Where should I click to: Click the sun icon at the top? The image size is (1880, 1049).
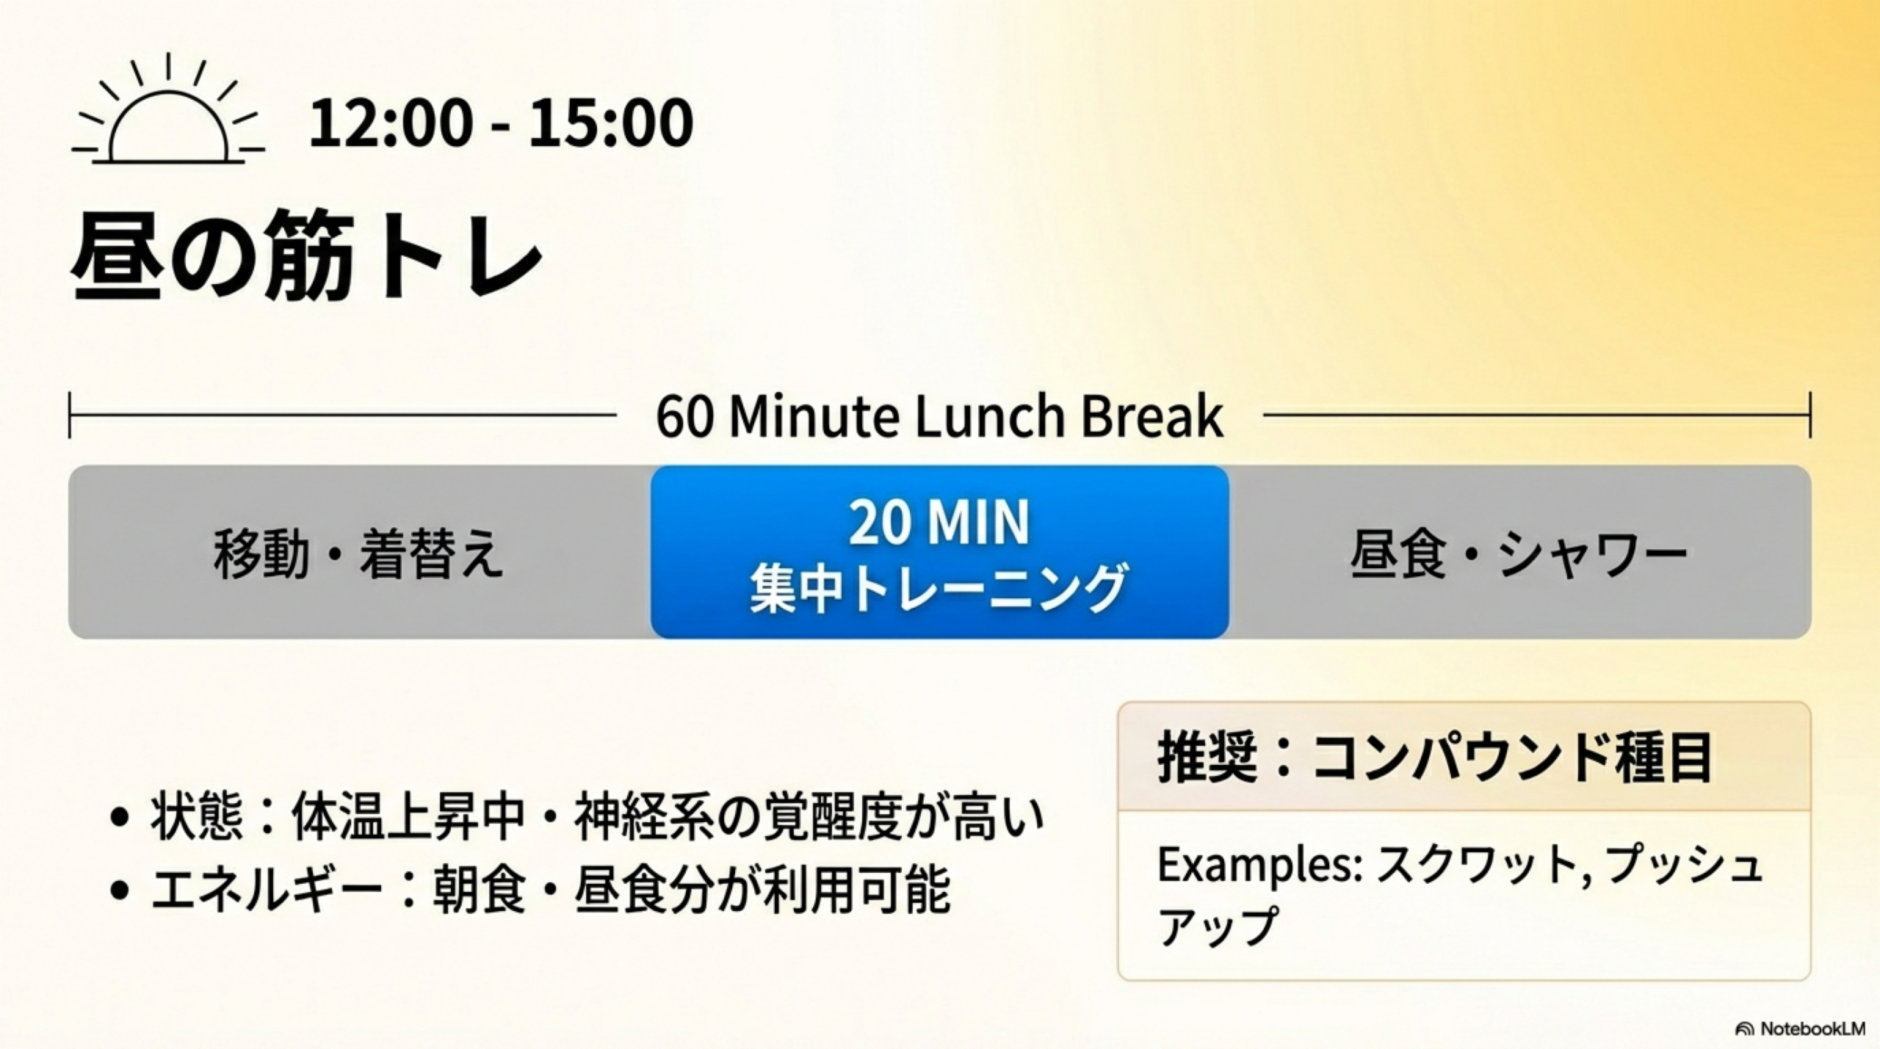[x=168, y=110]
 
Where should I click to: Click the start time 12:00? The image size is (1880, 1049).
[x=388, y=123]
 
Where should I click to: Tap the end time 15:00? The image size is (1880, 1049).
[x=610, y=123]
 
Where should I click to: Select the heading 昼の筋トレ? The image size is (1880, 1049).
[x=307, y=257]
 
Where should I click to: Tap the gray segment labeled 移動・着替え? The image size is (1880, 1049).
[x=359, y=552]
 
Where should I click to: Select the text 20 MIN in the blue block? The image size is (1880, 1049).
[x=939, y=523]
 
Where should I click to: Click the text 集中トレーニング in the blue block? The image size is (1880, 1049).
[x=938, y=588]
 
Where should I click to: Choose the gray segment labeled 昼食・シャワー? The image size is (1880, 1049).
[x=1519, y=552]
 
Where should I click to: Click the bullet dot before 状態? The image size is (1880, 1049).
[x=119, y=818]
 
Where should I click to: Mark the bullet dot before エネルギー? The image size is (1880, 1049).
[x=119, y=890]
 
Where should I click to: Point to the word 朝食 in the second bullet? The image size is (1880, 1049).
[x=479, y=890]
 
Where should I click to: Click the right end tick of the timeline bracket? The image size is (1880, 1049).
[x=1810, y=415]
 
